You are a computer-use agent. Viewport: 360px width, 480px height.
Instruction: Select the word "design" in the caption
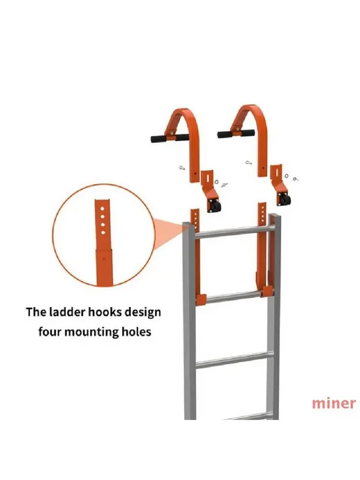(144, 313)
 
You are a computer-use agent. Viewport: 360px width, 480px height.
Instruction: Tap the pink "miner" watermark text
(333, 403)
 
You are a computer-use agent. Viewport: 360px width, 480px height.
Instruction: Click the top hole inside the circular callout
(103, 209)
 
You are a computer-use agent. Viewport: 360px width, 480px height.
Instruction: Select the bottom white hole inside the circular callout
(103, 232)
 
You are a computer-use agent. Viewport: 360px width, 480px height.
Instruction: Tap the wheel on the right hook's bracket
(285, 199)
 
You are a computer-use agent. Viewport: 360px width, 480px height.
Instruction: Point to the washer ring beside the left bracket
(216, 182)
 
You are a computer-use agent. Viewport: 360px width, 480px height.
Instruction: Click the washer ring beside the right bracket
(287, 176)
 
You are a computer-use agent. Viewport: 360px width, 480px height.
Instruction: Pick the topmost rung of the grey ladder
(233, 232)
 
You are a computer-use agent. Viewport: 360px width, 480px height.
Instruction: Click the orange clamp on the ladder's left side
(200, 299)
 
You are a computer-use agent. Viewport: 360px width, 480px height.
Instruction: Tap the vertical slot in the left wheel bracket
(207, 177)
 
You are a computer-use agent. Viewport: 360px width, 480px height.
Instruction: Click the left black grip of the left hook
(158, 138)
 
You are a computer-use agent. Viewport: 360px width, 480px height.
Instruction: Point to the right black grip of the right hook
(248, 133)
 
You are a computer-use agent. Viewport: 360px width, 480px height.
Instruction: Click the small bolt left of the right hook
(248, 163)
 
